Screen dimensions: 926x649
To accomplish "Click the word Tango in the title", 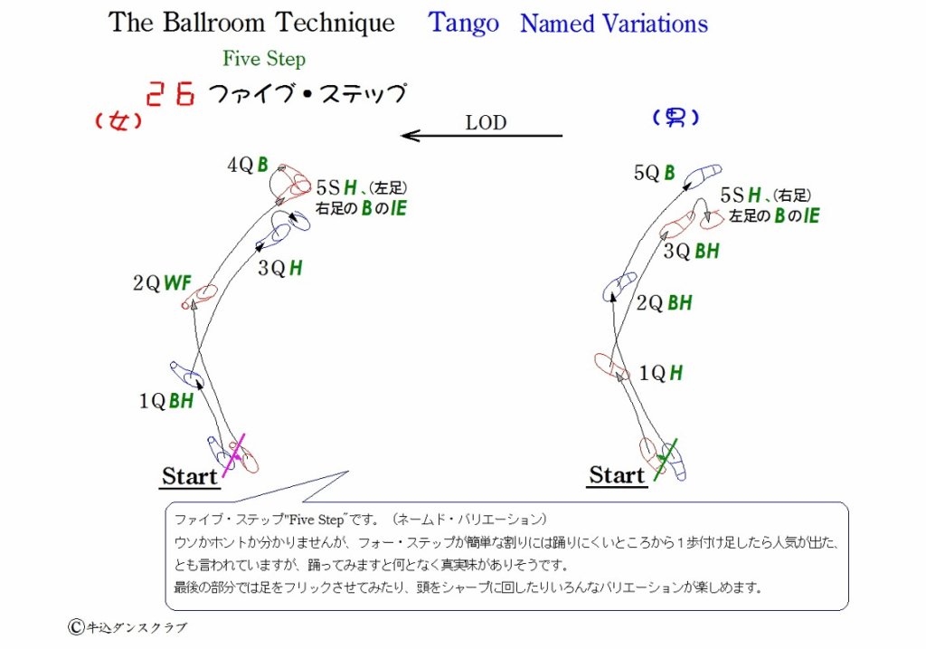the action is [464, 24].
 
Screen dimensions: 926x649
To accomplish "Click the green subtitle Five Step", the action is [264, 59].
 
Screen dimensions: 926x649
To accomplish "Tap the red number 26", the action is [170, 93].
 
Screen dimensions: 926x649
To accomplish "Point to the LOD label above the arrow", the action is [486, 122].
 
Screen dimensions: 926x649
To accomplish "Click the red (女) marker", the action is [118, 121].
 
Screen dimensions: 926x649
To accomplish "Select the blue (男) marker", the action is [676, 118].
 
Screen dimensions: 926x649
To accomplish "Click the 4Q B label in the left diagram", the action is [248, 165].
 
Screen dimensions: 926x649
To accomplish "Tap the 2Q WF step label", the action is [162, 283].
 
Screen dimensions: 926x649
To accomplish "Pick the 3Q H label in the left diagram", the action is [280, 268].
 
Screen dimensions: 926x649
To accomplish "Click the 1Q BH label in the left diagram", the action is [166, 401].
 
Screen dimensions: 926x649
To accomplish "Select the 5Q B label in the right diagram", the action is [654, 173].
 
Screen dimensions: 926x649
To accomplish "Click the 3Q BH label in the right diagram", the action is [691, 252].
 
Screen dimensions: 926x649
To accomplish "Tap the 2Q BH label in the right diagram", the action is [664, 303].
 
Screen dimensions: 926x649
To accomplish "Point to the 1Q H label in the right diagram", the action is [661, 373].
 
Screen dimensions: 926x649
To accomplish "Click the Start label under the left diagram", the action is [190, 476].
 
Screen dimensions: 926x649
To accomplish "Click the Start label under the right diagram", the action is [617, 475].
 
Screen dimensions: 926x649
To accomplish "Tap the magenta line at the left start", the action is [233, 455].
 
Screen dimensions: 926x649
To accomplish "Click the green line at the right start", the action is [666, 460].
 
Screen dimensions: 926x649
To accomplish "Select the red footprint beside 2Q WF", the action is [200, 297].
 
